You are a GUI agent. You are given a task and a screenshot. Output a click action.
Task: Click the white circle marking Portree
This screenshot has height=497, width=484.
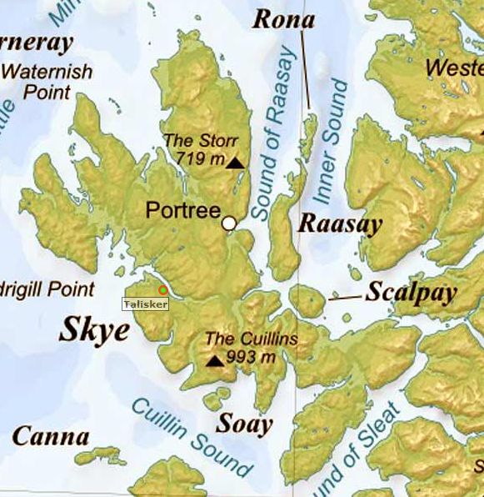229,223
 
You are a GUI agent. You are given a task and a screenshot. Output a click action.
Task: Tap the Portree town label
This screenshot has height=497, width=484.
182,210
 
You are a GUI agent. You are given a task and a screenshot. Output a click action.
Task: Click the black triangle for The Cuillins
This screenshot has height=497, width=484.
215,361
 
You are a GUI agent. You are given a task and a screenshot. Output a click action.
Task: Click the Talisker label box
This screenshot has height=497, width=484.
146,304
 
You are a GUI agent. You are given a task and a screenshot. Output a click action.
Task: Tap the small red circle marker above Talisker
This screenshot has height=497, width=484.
162,290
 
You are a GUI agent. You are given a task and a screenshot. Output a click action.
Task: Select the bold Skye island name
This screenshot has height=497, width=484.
94,331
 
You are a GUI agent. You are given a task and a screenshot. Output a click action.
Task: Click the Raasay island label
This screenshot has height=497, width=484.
340,223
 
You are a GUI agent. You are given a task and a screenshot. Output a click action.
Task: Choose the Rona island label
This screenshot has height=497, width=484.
283,18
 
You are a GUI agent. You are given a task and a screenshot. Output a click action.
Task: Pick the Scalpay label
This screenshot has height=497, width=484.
412,293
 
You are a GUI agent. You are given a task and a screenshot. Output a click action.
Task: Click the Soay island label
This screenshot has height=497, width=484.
244,424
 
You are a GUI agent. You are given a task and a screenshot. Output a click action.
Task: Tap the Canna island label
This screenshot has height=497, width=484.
51,436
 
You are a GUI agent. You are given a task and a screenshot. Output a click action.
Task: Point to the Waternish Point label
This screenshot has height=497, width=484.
47,81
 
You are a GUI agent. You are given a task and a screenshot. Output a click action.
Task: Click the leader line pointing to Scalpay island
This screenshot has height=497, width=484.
345,297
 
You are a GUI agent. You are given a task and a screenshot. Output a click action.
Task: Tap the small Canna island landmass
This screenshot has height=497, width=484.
100,456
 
